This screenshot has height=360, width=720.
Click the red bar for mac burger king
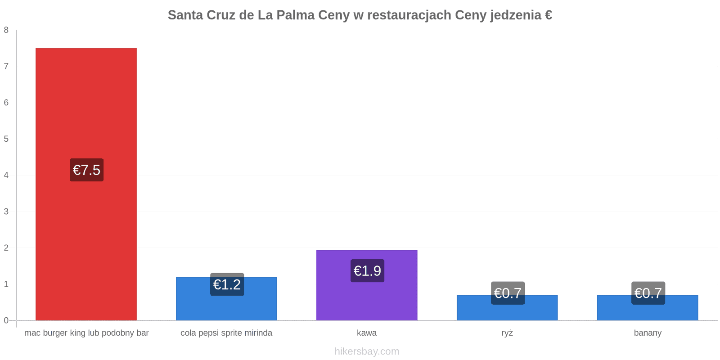[86, 184]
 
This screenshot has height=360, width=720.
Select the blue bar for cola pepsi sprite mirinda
[226, 299]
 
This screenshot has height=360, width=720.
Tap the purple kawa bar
[367, 285]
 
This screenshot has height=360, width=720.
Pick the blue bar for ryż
[507, 308]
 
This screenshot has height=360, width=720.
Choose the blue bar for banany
[648, 308]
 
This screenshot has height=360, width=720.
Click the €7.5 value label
[87, 170]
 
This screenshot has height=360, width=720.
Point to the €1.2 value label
[227, 284]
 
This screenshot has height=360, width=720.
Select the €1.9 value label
[367, 270]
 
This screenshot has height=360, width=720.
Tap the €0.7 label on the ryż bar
[508, 293]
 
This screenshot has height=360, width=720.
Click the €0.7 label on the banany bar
[648, 293]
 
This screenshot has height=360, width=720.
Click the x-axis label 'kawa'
[367, 333]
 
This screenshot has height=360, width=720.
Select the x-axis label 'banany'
[648, 333]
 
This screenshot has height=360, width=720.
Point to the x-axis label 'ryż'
[507, 333]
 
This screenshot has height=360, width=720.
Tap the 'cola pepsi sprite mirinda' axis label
[226, 333]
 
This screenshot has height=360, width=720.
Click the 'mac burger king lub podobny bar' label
[86, 333]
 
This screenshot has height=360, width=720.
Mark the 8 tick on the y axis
[6, 30]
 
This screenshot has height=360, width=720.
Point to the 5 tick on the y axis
[6, 139]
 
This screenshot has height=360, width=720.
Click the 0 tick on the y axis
[6, 320]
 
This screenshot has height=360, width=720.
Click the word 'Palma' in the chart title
[295, 15]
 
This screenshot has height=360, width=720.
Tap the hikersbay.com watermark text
[367, 351]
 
